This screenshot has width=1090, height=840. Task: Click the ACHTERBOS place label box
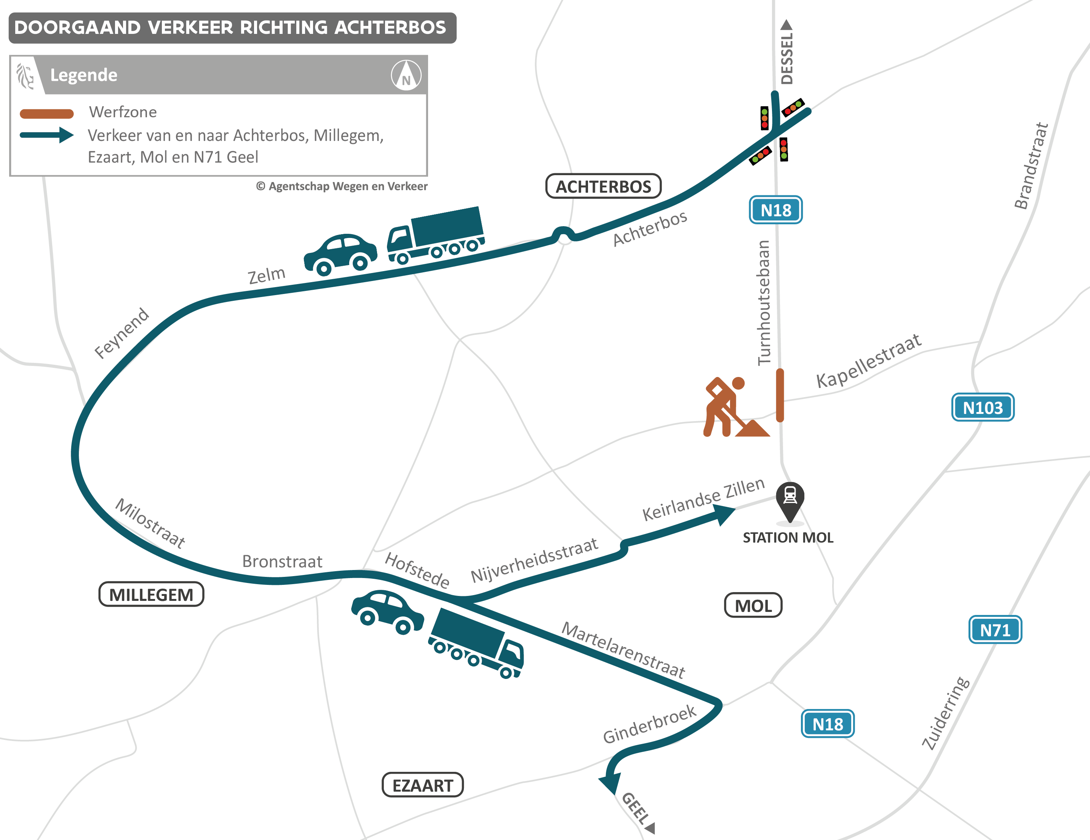click(603, 186)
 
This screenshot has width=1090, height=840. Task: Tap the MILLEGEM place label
click(151, 594)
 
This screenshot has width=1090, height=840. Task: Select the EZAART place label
click(422, 785)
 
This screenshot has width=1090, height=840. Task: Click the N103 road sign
click(982, 407)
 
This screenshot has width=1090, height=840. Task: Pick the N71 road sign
click(995, 630)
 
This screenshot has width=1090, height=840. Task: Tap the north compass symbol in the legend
click(406, 75)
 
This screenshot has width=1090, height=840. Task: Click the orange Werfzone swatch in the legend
click(46, 114)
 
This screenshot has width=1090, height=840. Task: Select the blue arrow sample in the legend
click(46, 135)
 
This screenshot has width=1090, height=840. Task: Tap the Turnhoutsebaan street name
click(764, 302)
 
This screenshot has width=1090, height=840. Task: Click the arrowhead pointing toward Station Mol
click(724, 514)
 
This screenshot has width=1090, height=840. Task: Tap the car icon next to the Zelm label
click(340, 254)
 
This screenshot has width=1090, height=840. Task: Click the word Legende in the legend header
click(84, 75)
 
